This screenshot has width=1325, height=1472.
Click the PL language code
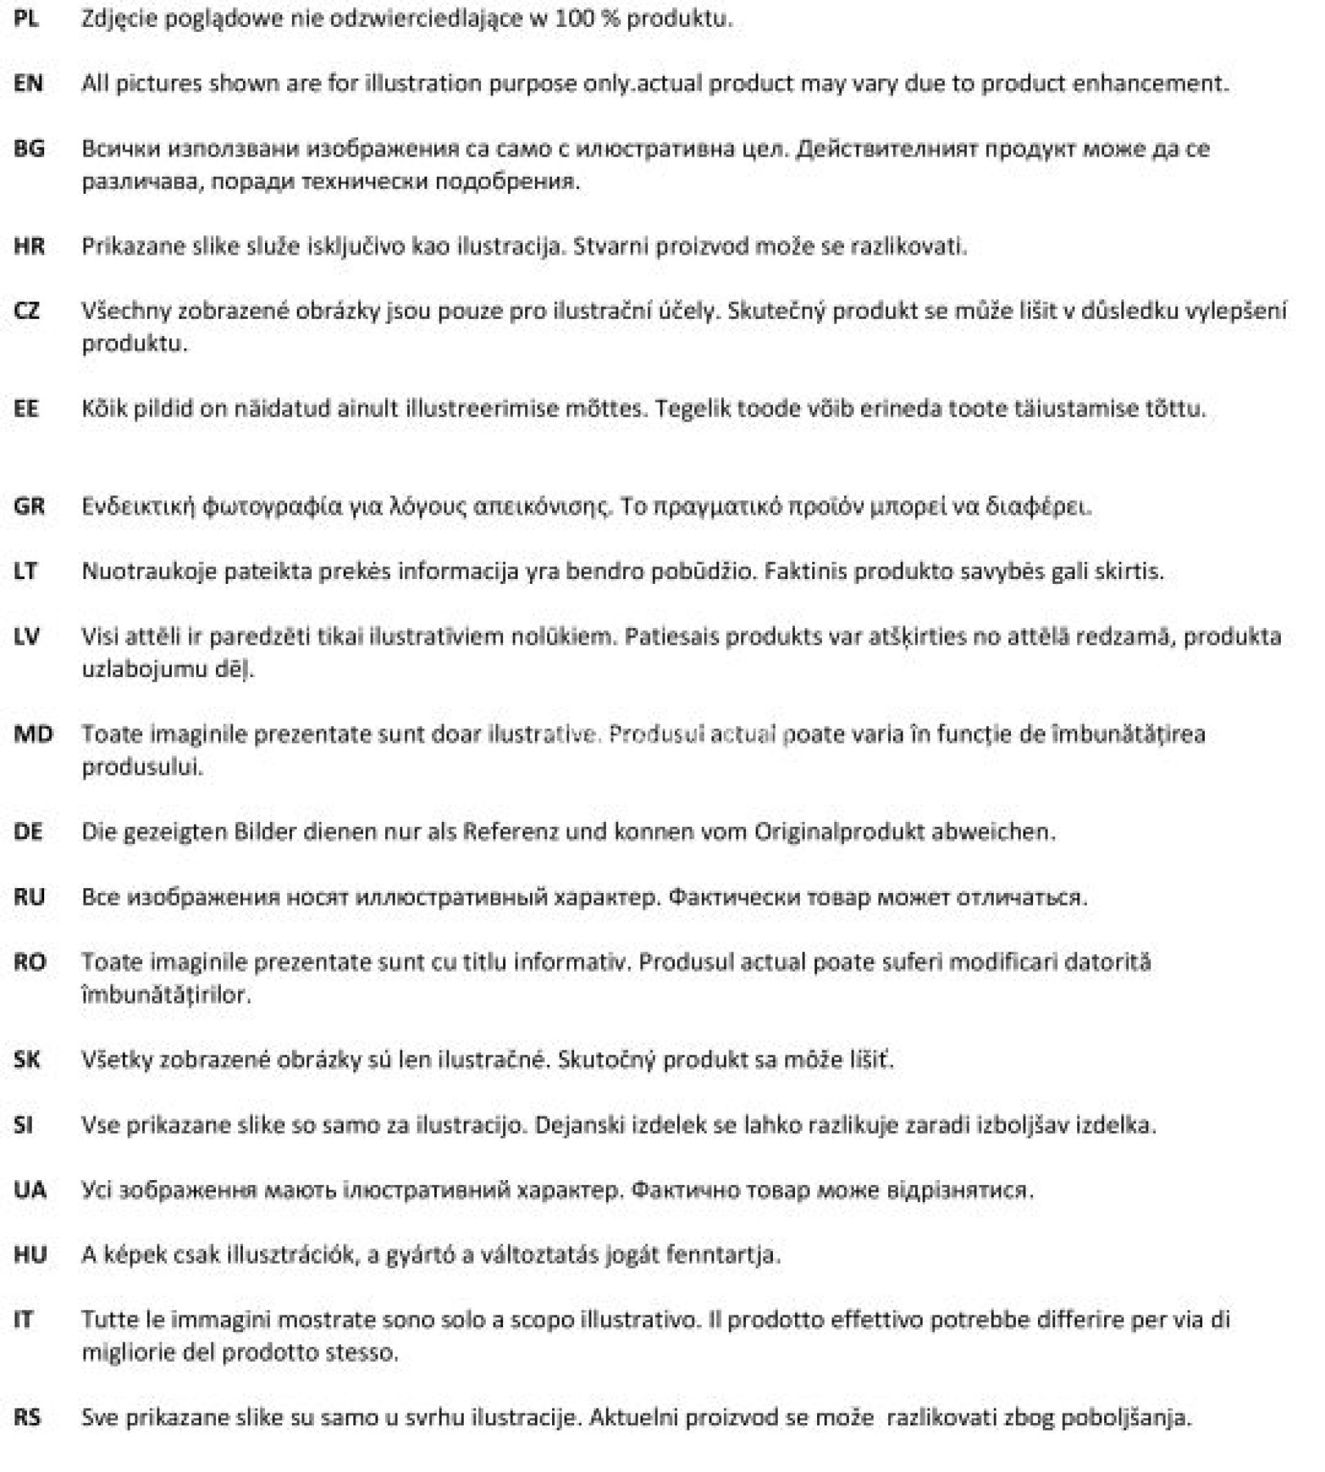coord(26,19)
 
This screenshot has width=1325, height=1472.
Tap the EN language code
coord(28,84)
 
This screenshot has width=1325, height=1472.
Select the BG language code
coord(29,149)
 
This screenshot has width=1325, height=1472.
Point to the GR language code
coord(29,506)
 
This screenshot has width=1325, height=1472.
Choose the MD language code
coord(32,734)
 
